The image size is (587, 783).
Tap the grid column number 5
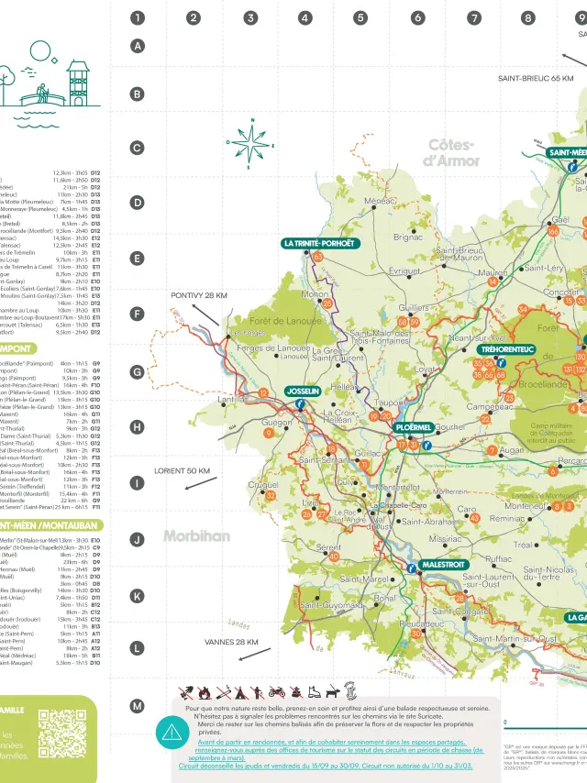(x=360, y=17)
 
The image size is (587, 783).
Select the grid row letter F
(x=138, y=314)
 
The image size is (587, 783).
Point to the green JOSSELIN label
(x=304, y=391)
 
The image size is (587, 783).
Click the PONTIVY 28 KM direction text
(x=199, y=296)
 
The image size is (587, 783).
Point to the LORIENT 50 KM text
(x=183, y=470)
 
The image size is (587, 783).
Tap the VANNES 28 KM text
(x=231, y=643)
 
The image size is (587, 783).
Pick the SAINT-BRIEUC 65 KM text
(x=536, y=79)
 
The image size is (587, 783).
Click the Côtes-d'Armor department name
(x=451, y=152)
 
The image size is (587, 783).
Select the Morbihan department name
(x=196, y=536)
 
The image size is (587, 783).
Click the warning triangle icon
(x=172, y=732)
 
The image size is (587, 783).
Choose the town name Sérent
(x=327, y=546)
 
